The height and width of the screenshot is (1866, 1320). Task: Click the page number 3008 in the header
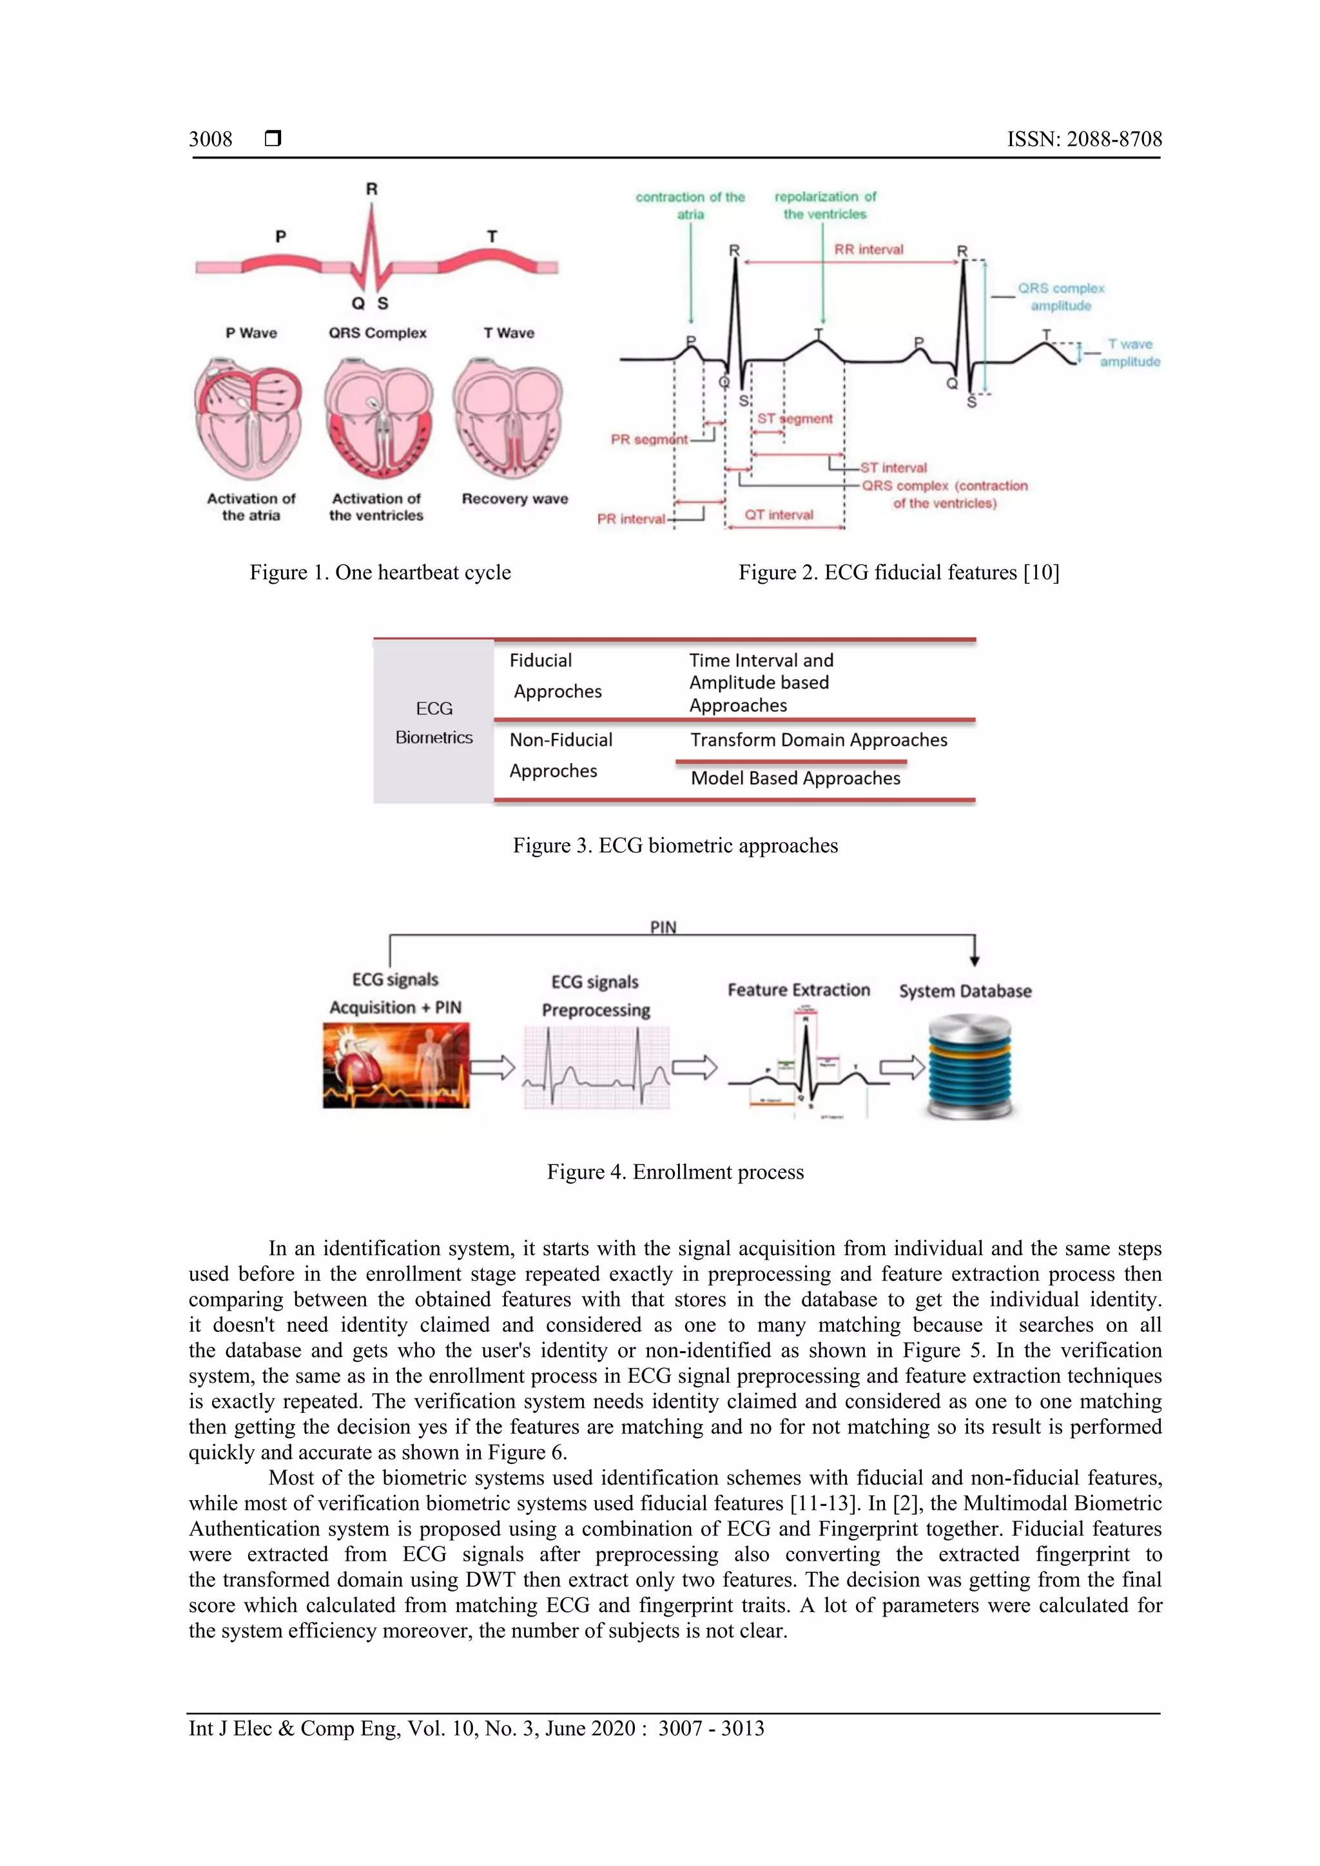(x=211, y=139)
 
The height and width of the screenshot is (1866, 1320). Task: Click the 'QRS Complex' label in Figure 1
(x=377, y=333)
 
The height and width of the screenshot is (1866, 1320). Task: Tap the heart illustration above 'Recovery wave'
(x=509, y=419)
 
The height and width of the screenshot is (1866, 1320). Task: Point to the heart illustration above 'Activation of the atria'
(x=249, y=419)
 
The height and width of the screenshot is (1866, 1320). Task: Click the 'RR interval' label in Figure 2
(x=868, y=249)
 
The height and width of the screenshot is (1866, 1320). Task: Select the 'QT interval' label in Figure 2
(x=779, y=514)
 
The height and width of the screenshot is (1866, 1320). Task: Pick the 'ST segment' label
(x=794, y=419)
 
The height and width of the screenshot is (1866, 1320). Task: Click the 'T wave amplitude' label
(x=1130, y=352)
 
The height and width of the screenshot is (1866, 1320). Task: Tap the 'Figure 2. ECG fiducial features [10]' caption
(x=898, y=572)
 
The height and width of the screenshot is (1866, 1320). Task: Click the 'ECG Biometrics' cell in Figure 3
(x=434, y=722)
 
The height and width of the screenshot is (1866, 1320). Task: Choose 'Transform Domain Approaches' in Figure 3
(x=819, y=740)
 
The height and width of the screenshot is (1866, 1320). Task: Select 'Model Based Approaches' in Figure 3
(x=795, y=778)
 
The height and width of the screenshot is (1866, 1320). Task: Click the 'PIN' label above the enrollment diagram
(x=663, y=927)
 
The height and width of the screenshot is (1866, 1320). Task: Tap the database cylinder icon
(x=969, y=1066)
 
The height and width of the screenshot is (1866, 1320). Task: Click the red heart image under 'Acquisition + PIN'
(x=396, y=1066)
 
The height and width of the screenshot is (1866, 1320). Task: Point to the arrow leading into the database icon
(x=902, y=1066)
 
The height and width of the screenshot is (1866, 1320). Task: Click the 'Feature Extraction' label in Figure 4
(x=798, y=990)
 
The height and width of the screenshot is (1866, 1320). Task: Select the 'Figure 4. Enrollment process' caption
(x=675, y=1172)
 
